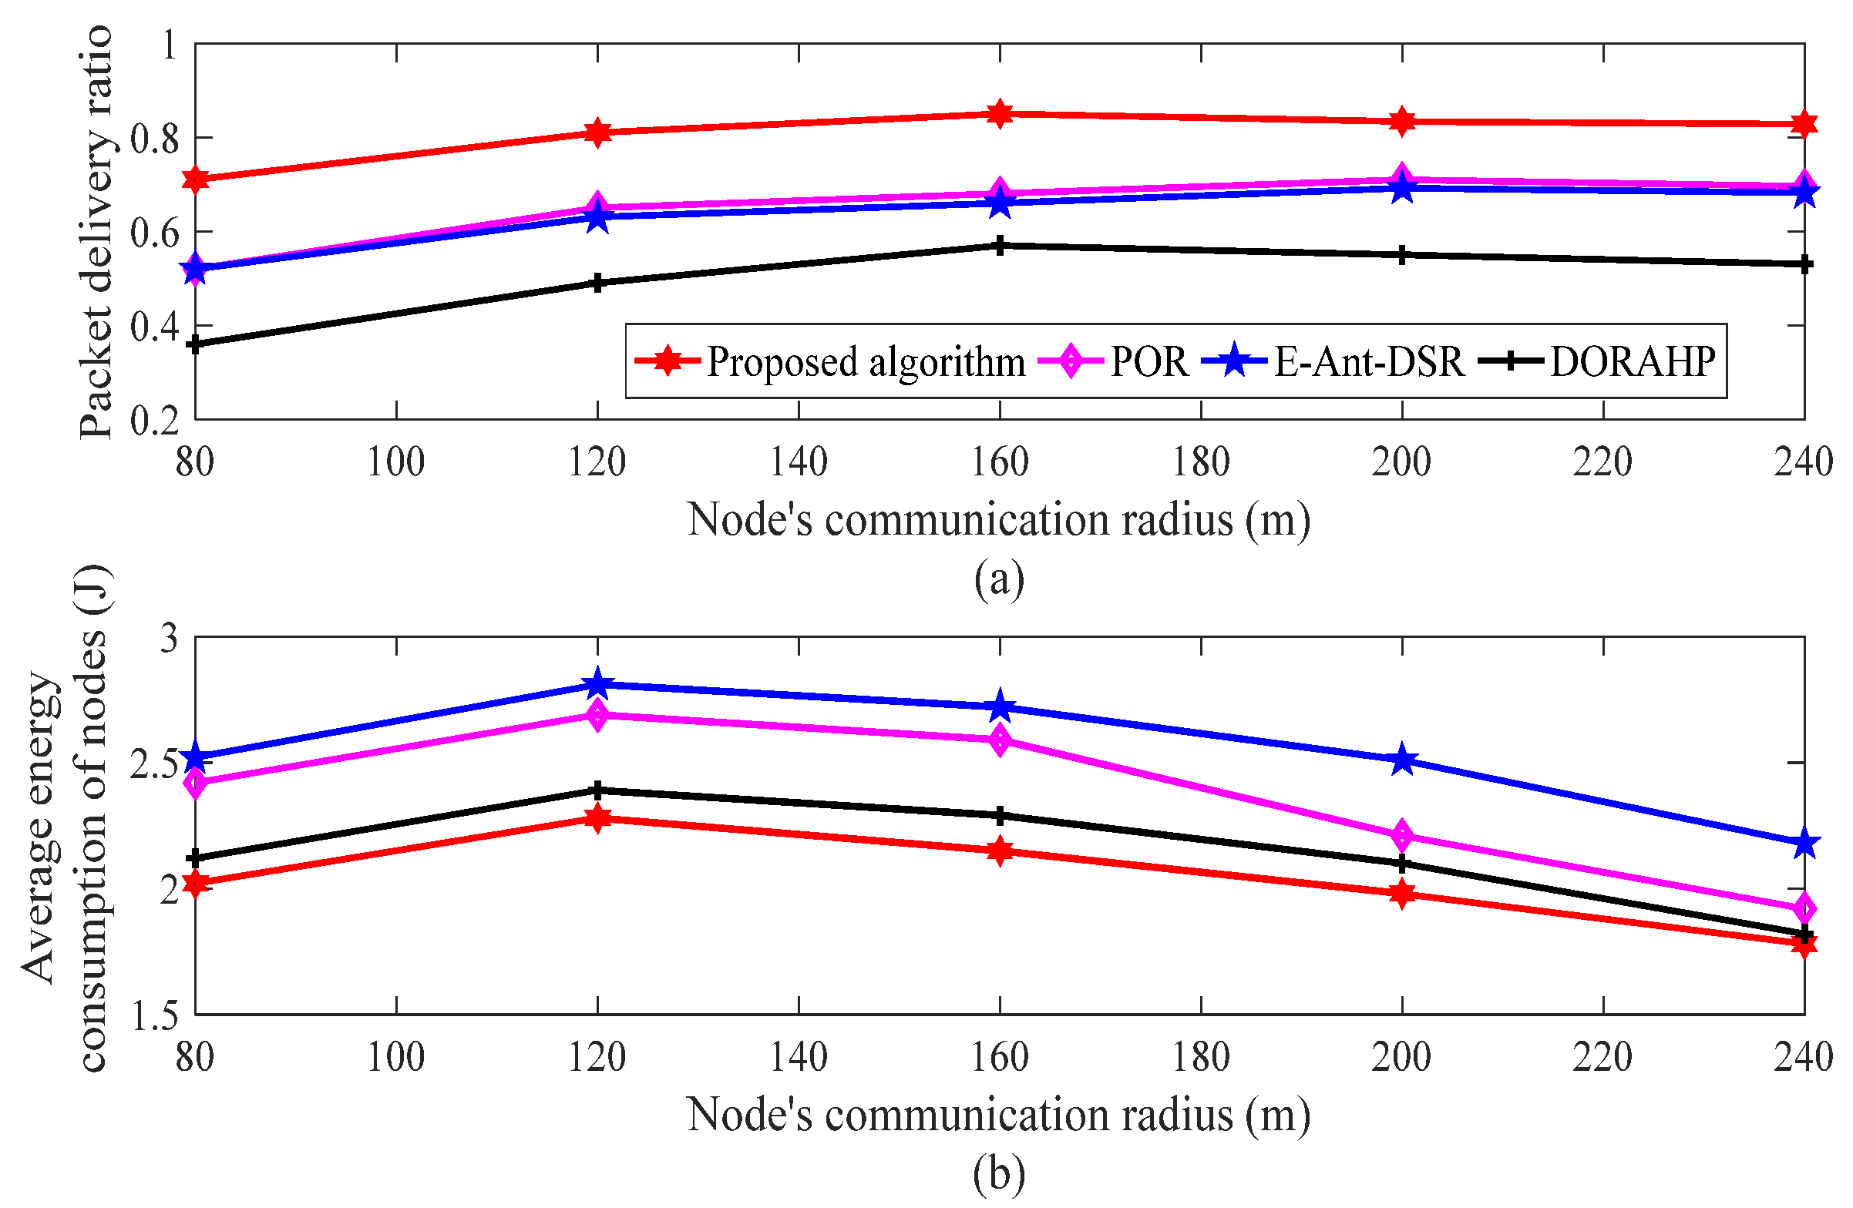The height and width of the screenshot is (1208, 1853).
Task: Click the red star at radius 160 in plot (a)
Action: (x=1000, y=115)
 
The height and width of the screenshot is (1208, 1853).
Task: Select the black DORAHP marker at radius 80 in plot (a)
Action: (x=196, y=344)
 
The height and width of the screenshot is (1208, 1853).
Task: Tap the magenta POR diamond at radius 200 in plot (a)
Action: (x=1401, y=178)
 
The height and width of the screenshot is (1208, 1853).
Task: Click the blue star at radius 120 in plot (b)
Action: (x=597, y=684)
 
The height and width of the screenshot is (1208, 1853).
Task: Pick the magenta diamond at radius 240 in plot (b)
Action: (x=1804, y=909)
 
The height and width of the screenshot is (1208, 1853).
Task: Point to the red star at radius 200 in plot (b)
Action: (x=1401, y=894)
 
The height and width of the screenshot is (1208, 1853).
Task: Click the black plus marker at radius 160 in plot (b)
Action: (x=1000, y=816)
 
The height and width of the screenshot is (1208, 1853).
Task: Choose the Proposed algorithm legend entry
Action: (x=864, y=362)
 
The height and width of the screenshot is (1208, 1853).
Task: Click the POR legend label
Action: (x=1149, y=362)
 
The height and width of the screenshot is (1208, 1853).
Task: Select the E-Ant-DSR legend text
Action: (x=1369, y=362)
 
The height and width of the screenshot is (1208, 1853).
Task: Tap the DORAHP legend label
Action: (x=1633, y=362)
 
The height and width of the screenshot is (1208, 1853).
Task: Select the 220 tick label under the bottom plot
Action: (x=1602, y=1057)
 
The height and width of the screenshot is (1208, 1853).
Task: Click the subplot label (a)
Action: (x=999, y=580)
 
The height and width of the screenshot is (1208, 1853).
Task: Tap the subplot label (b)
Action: (x=999, y=1174)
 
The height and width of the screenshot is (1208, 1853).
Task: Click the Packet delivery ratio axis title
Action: (x=96, y=232)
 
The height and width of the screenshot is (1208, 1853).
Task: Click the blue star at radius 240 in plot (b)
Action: (x=1804, y=844)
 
